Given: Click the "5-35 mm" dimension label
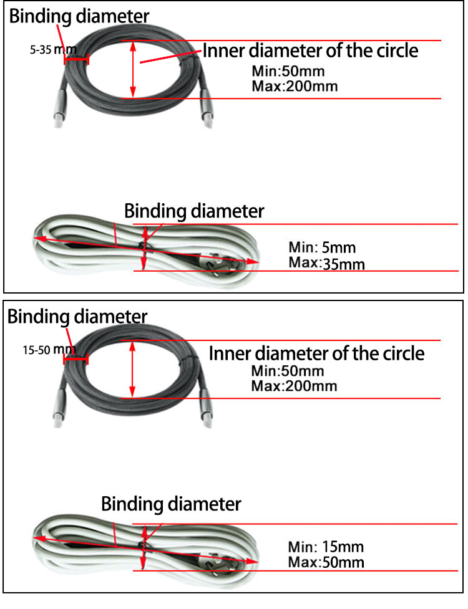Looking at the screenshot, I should [48, 49].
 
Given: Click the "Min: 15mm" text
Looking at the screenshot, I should [325, 548].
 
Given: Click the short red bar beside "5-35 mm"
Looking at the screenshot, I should [76, 60].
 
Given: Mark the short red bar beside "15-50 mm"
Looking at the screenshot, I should [76, 360].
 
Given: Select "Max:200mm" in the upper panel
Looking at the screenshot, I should [295, 85].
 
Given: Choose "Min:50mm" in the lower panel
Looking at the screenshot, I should [288, 372].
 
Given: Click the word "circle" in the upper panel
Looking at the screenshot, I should [393, 50].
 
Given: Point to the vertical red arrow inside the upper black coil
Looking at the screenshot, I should [132, 69].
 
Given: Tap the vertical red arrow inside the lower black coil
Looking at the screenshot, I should [132, 369].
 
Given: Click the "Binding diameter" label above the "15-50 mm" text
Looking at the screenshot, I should [77, 317].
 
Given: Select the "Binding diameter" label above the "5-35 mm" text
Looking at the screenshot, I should [79, 16].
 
